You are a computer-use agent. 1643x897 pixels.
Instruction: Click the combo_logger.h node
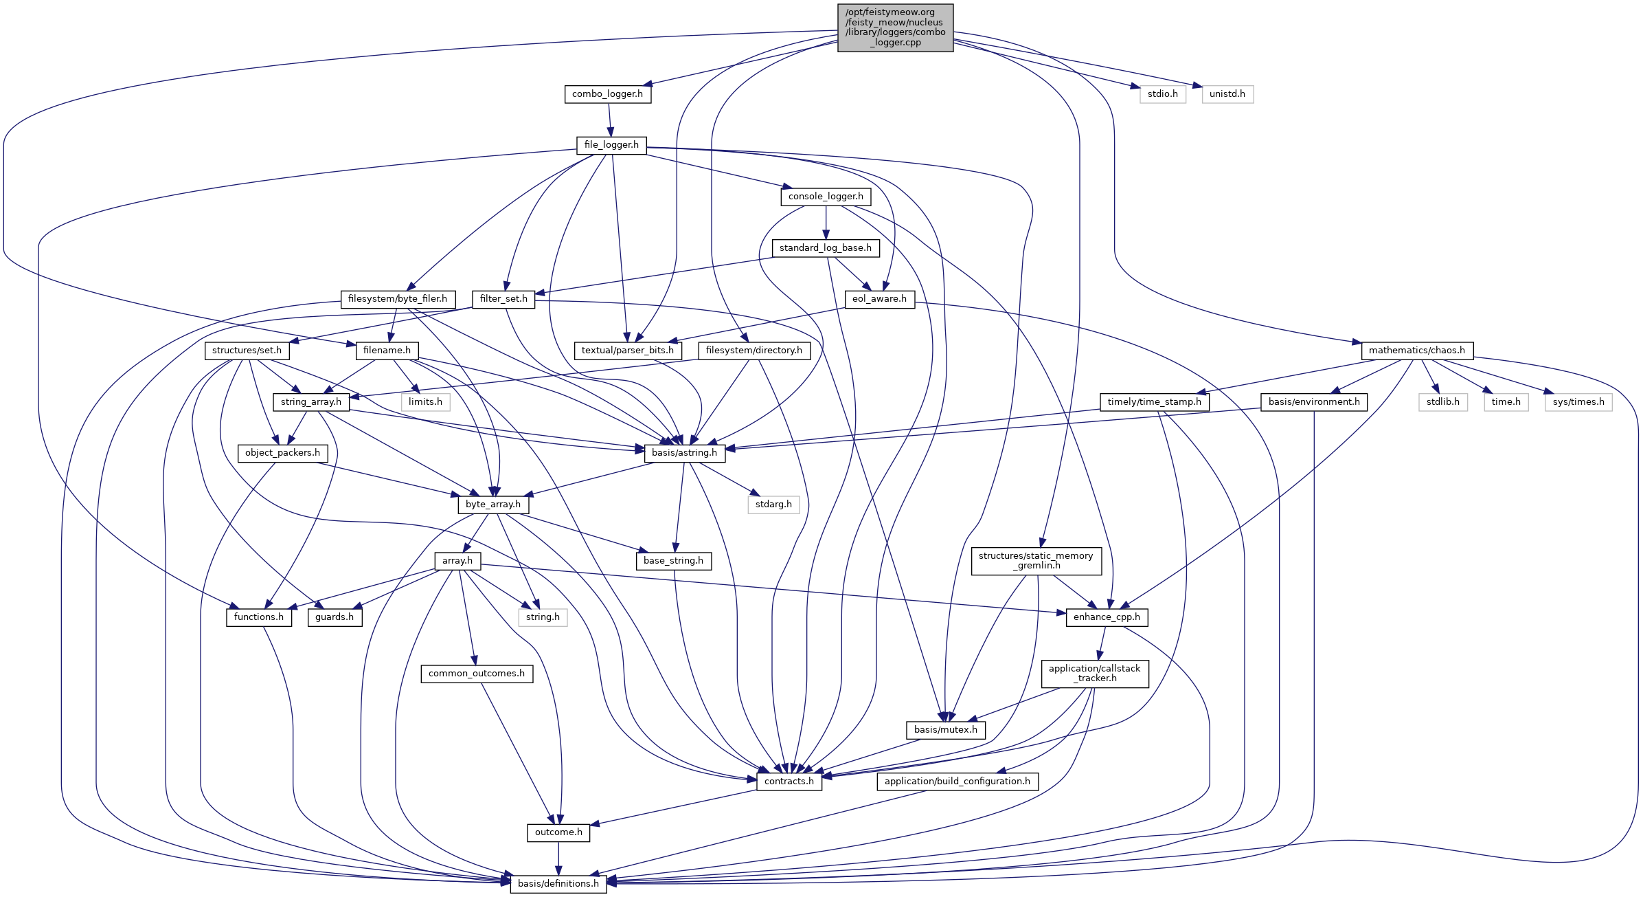click(x=607, y=94)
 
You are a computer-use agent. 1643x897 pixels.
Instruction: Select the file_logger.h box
click(x=611, y=145)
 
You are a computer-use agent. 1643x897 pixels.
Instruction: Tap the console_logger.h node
click(x=826, y=197)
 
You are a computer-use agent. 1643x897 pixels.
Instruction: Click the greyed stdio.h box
click(x=1162, y=94)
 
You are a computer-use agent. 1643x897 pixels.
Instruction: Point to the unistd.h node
click(x=1227, y=94)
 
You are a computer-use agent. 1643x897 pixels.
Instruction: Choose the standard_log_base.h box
click(x=825, y=248)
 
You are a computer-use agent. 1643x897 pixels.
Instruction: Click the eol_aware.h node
click(x=879, y=299)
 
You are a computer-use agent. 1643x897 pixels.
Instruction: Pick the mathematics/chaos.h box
click(x=1416, y=351)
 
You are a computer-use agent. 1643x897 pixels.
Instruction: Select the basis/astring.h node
click(x=684, y=453)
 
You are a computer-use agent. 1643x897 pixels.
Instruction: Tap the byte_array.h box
click(x=492, y=505)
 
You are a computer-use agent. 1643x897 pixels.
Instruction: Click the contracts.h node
click(x=789, y=782)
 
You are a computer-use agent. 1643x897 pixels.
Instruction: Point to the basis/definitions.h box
click(x=558, y=884)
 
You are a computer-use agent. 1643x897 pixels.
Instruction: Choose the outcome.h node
click(x=558, y=832)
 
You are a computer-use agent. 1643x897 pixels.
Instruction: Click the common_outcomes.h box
click(x=476, y=674)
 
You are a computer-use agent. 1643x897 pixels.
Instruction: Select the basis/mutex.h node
click(x=945, y=730)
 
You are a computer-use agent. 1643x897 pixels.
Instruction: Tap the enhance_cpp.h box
click(x=1106, y=617)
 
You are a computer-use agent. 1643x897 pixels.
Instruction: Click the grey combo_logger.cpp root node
click(x=895, y=27)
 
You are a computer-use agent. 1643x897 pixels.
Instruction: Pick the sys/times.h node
click(x=1578, y=402)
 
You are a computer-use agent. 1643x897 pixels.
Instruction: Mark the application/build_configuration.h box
click(x=957, y=782)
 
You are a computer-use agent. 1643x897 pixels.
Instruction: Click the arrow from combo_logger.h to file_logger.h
click(x=609, y=120)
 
